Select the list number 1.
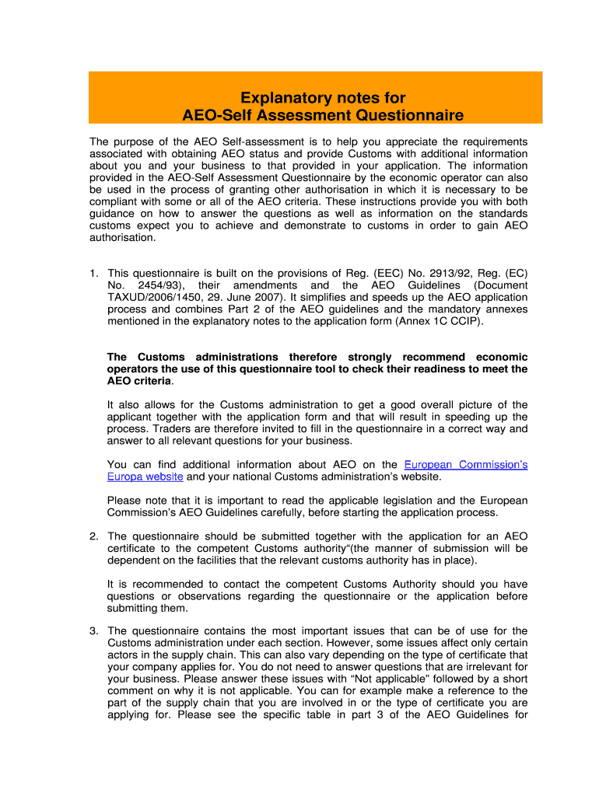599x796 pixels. [93, 273]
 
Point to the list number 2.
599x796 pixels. [93, 536]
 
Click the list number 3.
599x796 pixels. [93, 630]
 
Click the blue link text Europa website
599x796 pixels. [145, 477]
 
